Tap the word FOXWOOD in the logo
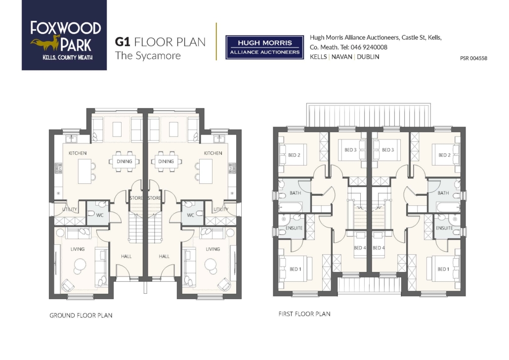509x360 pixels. pyautogui.click(x=66, y=28)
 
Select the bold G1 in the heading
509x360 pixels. pyautogui.click(x=123, y=42)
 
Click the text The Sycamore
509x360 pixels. pyautogui.click(x=148, y=55)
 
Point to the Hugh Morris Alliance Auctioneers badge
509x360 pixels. pyautogui.click(x=264, y=47)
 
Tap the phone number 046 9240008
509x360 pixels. pyautogui.click(x=369, y=47)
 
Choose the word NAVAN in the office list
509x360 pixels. pyautogui.click(x=342, y=57)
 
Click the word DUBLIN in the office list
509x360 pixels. pyautogui.click(x=368, y=57)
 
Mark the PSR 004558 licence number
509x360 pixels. pyautogui.click(x=473, y=58)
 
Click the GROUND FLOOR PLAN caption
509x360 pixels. pyautogui.click(x=81, y=315)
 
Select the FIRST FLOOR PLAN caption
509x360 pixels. pyautogui.click(x=304, y=314)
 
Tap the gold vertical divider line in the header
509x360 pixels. pyautogui.click(x=216, y=42)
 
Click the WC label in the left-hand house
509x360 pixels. pyautogui.click(x=100, y=215)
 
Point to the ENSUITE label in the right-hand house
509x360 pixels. pyautogui.click(x=444, y=228)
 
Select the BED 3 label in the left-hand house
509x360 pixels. pyautogui.click(x=350, y=150)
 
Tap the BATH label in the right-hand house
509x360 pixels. pyautogui.click(x=443, y=193)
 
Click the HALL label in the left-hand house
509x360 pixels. pyautogui.click(x=127, y=256)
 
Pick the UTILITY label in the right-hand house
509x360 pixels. pyautogui.click(x=221, y=209)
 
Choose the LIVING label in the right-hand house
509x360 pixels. pyautogui.click(x=213, y=249)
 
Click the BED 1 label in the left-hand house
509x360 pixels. pyautogui.click(x=296, y=269)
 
